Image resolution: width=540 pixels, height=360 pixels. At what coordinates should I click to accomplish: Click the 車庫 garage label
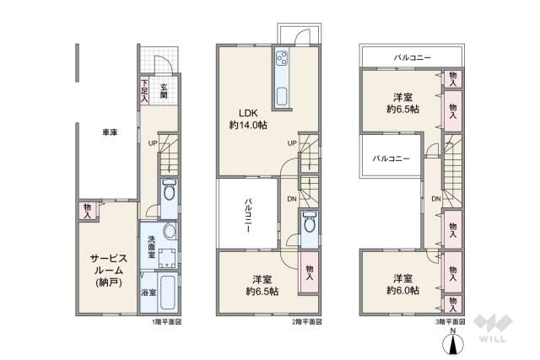pos(110,132)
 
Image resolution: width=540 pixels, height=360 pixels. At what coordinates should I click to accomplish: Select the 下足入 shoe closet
pos(144,91)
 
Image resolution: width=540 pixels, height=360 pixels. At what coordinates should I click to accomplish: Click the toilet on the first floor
pos(168,191)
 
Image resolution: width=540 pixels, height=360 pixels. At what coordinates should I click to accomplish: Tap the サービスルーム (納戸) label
pos(108,271)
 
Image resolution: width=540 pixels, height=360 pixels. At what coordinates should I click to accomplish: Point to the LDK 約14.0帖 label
pos(246,118)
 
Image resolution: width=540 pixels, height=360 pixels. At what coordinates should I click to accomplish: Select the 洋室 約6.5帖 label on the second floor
pos(261,284)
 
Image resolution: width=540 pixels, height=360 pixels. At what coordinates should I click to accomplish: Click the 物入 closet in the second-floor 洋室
pos(309,271)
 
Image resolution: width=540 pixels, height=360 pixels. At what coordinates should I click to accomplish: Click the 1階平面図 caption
pos(166,323)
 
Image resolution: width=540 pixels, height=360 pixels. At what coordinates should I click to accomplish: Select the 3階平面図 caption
pos(449,323)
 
